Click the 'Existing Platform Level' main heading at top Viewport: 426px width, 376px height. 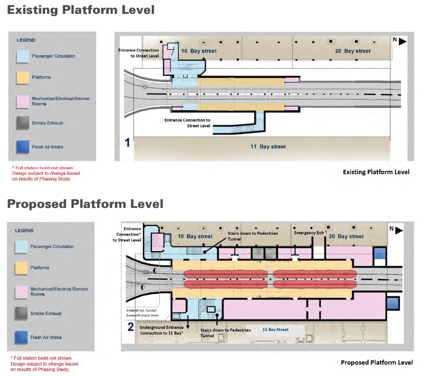(81, 10)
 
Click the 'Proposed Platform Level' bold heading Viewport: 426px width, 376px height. (85, 204)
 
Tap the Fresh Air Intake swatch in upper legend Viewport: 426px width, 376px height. (23, 147)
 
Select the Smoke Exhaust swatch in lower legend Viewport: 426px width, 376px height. (21, 314)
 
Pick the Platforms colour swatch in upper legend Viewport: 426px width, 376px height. (23, 77)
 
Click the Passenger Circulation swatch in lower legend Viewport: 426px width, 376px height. (21, 246)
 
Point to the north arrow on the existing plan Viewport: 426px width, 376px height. (402, 41)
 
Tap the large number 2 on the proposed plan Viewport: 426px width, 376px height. (131, 326)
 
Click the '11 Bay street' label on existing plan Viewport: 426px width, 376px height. (267, 147)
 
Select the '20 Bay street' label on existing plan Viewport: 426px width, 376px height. (352, 51)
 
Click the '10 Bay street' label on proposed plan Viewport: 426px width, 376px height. (195, 236)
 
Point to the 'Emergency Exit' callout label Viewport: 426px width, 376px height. (309, 233)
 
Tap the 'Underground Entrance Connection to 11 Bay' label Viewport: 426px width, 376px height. (162, 330)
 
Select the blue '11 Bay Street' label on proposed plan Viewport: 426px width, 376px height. (275, 329)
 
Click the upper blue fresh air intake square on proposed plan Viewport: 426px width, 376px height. (380, 254)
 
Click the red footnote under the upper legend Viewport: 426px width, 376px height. (46, 173)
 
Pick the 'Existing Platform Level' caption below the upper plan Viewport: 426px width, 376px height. (376, 172)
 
